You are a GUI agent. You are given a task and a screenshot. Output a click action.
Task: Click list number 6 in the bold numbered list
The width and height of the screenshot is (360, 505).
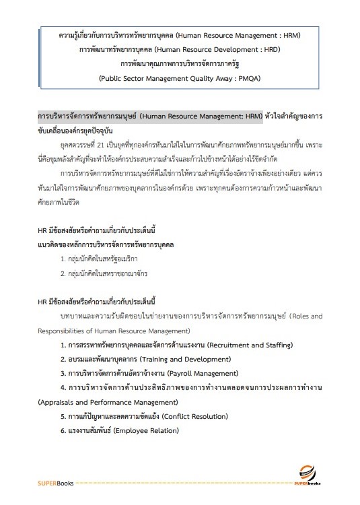[x=63, y=430]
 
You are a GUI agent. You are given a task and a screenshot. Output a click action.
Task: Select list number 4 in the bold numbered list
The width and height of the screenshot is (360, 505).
[x=63, y=387]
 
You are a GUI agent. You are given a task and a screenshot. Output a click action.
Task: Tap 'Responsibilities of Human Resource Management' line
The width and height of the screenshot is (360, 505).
[x=114, y=331]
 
